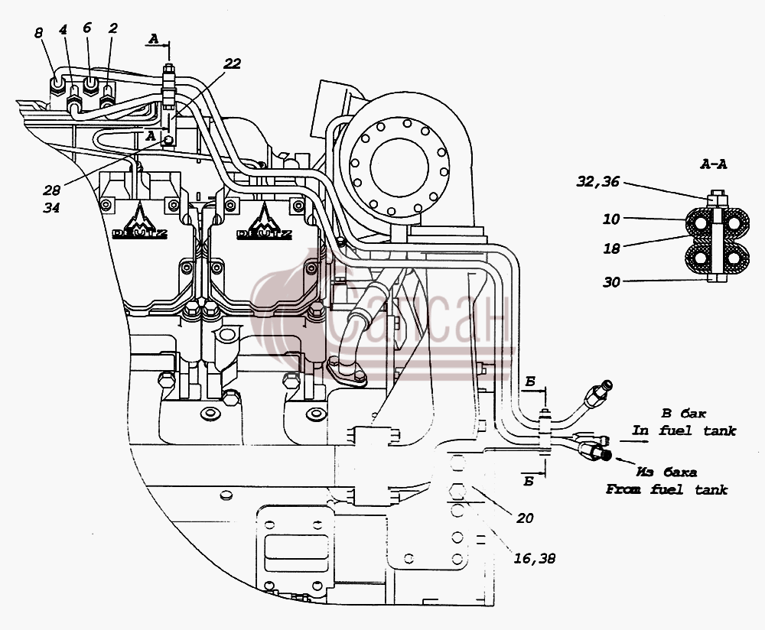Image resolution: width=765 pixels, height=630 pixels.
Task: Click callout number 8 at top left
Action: (38, 33)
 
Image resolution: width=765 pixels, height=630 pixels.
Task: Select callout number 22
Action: (233, 63)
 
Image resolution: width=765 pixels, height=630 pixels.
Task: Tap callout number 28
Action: (51, 190)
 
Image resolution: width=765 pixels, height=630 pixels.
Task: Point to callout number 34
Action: (51, 208)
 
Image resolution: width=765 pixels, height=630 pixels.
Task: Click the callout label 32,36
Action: (597, 182)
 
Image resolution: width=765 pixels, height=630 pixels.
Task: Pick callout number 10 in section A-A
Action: (610, 219)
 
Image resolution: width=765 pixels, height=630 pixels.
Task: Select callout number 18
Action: (611, 248)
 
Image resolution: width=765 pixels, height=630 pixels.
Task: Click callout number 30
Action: (611, 282)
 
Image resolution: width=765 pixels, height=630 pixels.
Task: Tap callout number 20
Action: (525, 518)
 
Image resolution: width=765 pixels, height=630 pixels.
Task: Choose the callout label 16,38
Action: (534, 558)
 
